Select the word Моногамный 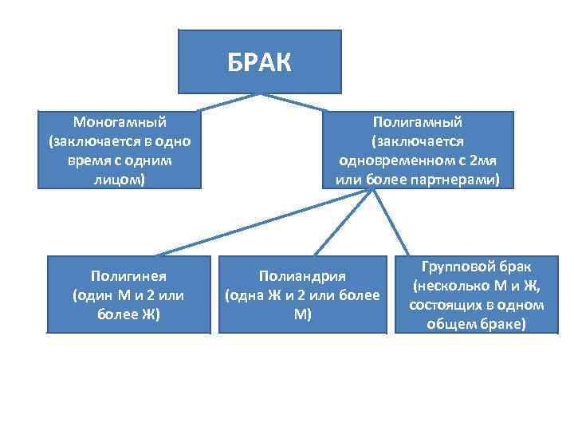pos(120,122)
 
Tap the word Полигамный pos(418,122)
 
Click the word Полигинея pos(128,276)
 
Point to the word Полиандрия pos(302,276)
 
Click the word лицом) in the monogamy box pos(120,180)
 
